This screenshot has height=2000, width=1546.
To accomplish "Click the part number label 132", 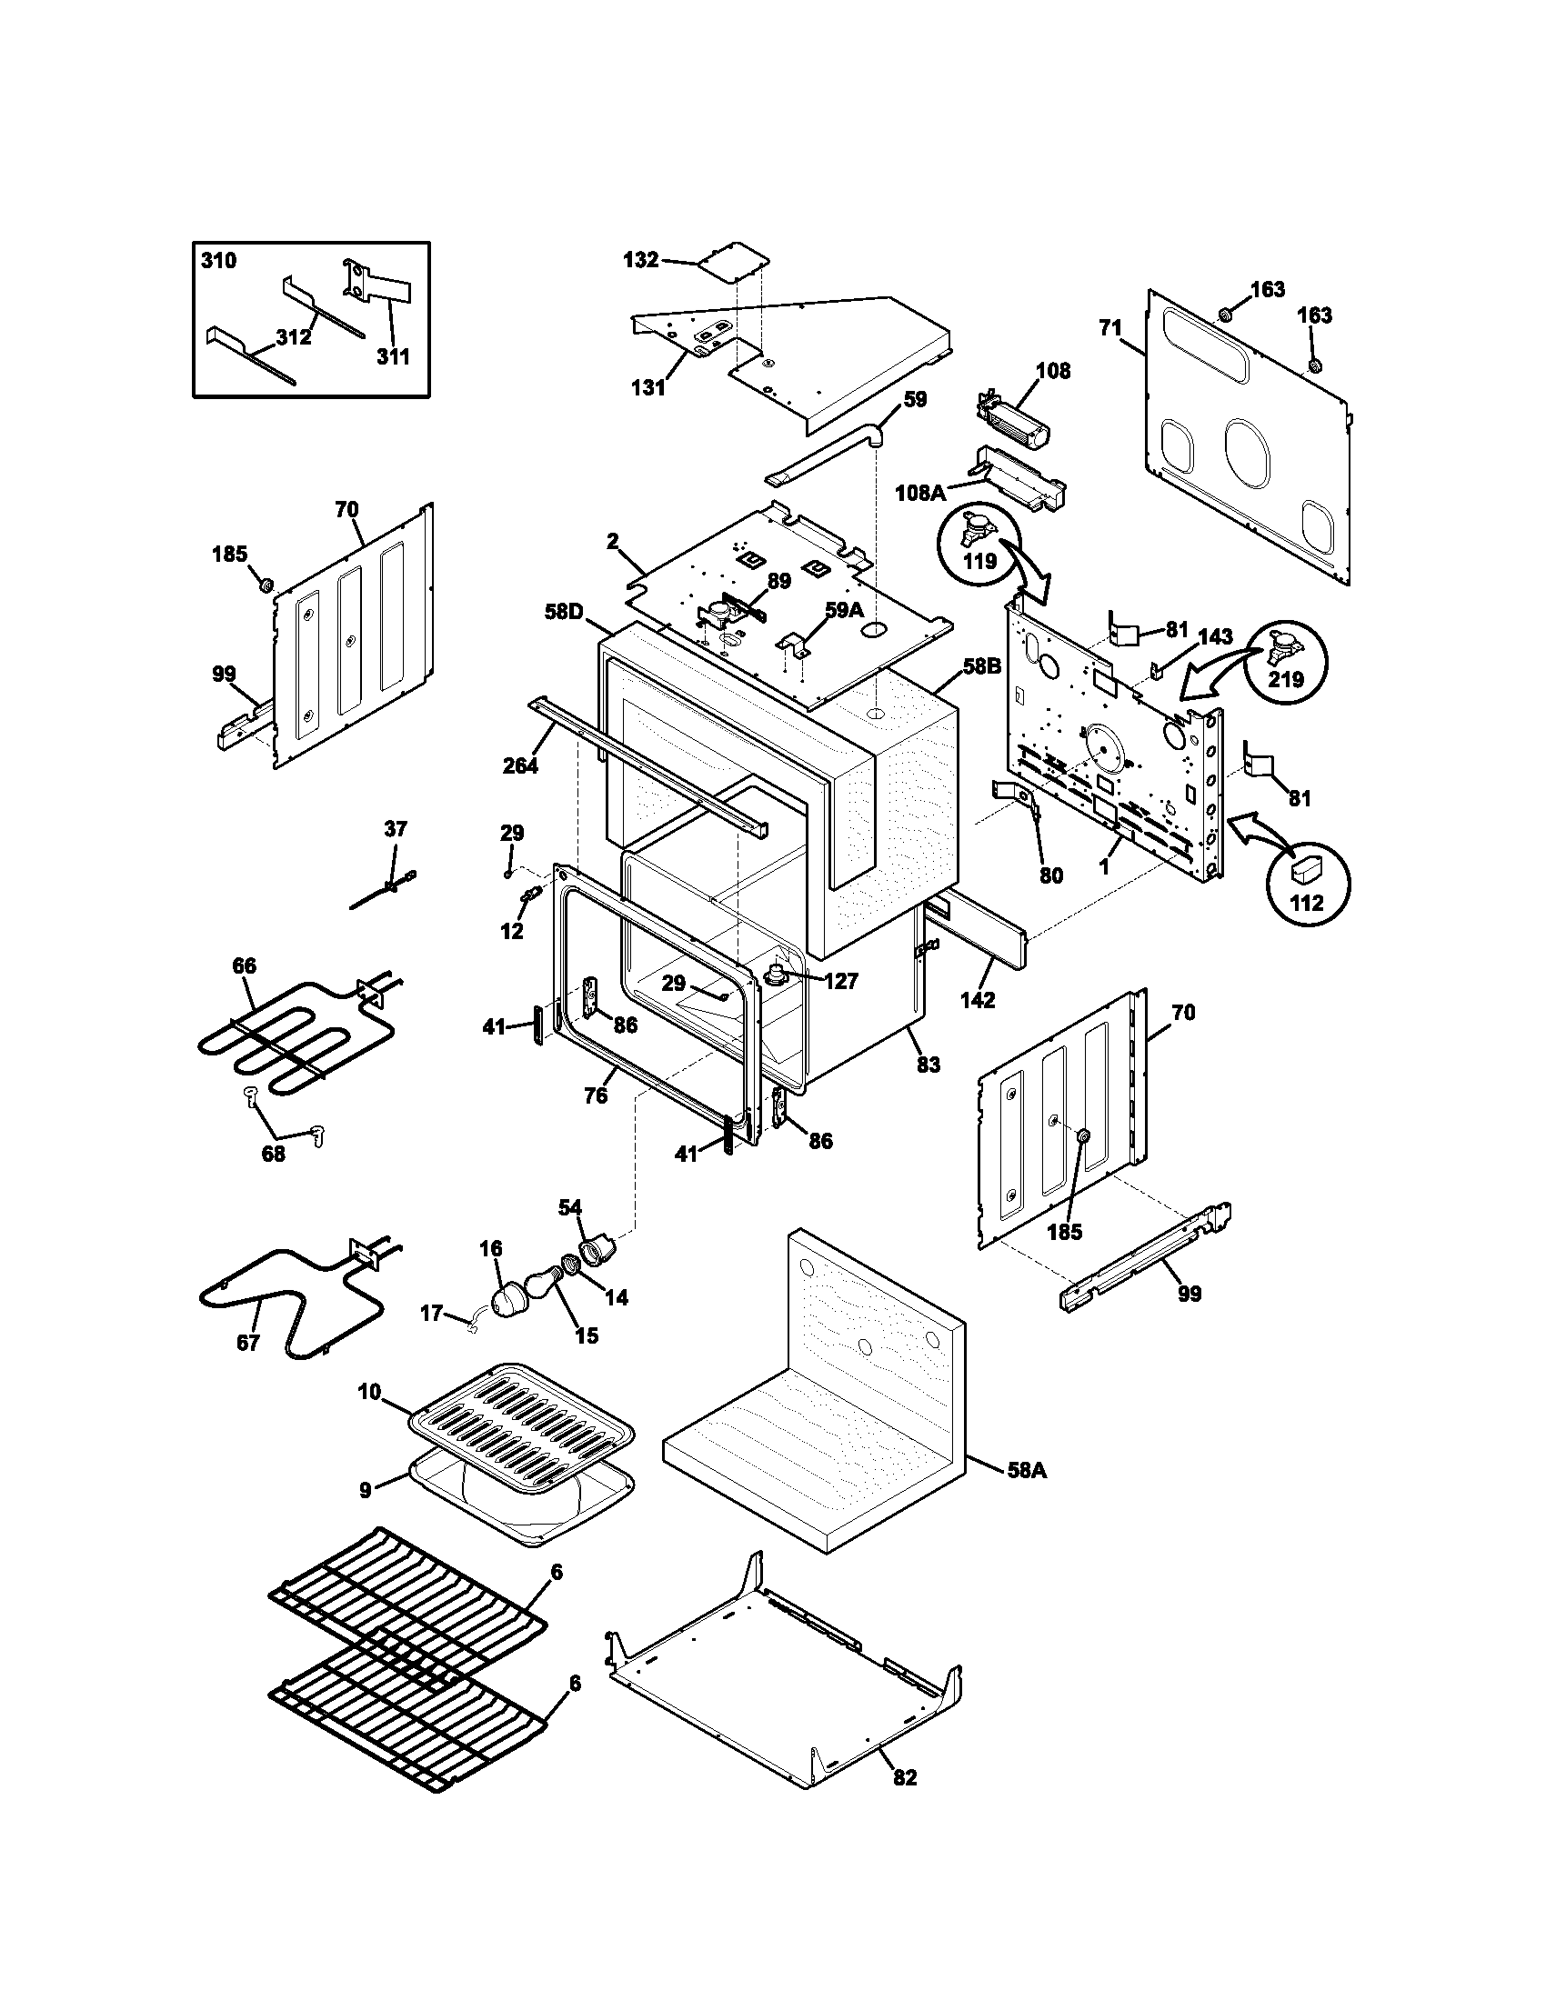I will [x=640, y=260].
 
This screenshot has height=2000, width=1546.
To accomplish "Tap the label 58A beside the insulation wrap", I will [x=1026, y=1472].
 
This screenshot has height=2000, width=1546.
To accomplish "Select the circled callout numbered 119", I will [x=980, y=560].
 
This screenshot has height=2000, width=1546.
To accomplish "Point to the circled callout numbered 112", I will [x=1307, y=902].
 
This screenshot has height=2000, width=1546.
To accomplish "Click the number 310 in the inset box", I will [x=218, y=261].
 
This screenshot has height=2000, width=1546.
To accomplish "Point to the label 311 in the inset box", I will [x=394, y=356].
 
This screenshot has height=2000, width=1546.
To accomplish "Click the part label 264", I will [x=520, y=765].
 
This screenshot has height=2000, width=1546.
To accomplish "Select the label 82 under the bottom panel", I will [x=904, y=1777].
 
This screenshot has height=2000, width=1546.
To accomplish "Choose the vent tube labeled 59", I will [x=824, y=454].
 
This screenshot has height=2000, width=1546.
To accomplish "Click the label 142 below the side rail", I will [x=978, y=1000].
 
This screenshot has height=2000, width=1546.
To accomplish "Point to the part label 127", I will [x=840, y=981].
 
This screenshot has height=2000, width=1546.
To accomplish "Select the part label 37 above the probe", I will [x=395, y=829].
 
